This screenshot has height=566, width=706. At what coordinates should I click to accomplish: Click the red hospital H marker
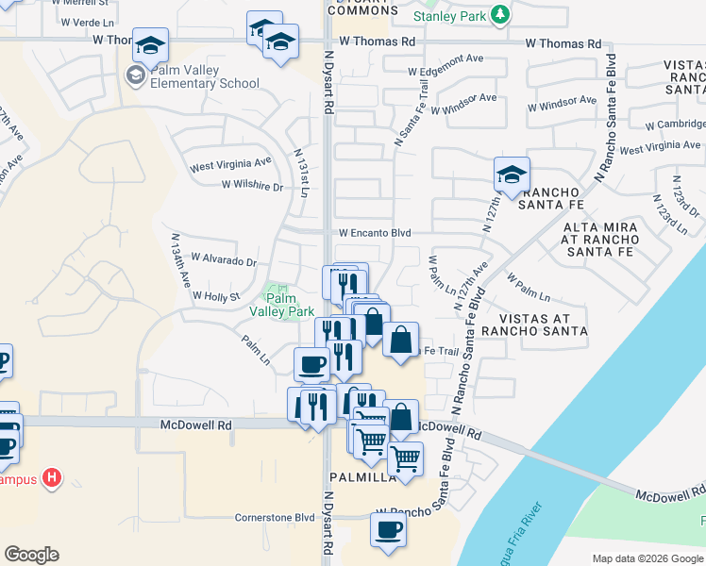pyautogui.click(x=53, y=478)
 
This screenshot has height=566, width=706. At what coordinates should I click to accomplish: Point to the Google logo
pyautogui.click(x=31, y=555)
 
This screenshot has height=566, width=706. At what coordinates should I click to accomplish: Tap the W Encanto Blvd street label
pyautogui.click(x=376, y=232)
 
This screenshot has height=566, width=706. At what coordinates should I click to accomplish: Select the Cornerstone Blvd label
pyautogui.click(x=275, y=517)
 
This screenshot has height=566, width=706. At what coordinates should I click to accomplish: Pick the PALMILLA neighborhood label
pyautogui.click(x=362, y=477)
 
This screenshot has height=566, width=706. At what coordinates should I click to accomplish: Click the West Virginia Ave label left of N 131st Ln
pyautogui.click(x=230, y=166)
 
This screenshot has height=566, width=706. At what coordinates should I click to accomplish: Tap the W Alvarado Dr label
pyautogui.click(x=224, y=258)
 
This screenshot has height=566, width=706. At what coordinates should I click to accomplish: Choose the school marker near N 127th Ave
pyautogui.click(x=511, y=175)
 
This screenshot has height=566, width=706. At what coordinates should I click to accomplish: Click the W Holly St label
pyautogui.click(x=217, y=296)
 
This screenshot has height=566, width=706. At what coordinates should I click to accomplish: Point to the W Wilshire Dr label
pyautogui.click(x=252, y=186)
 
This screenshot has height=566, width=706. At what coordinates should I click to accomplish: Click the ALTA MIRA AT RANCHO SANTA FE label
pyautogui.click(x=601, y=240)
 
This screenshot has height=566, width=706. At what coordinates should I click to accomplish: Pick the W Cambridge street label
pyautogui.click(x=675, y=124)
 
